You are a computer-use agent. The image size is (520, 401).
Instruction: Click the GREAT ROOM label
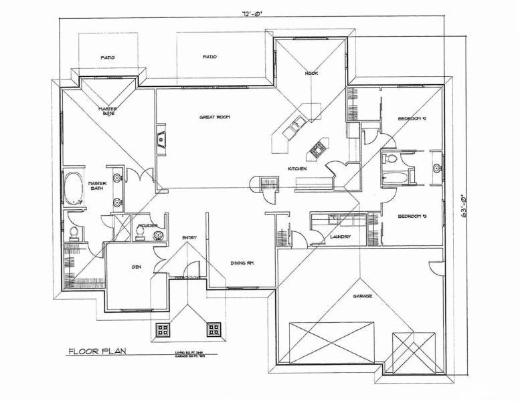tap(215, 117)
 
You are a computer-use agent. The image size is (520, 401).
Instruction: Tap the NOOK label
tap(311, 73)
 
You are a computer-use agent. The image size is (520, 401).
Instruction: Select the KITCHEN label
tap(297, 169)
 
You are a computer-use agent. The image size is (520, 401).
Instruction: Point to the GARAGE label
tap(363, 295)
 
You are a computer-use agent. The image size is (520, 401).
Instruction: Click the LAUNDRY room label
tap(332, 236)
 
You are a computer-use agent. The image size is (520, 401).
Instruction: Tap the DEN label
tap(136, 267)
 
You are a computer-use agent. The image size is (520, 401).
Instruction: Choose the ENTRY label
tap(189, 237)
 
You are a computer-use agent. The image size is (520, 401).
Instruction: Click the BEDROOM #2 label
tap(412, 118)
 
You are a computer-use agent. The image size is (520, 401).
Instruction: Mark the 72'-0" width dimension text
tap(250, 13)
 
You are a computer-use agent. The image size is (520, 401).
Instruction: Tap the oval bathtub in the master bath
tap(73, 184)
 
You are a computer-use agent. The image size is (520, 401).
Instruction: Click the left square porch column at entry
tap(163, 329)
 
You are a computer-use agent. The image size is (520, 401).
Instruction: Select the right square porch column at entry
tap(214, 329)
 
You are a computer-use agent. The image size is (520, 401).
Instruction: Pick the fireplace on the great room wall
tap(161, 138)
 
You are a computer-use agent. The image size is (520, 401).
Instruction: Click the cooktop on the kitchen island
tap(316, 148)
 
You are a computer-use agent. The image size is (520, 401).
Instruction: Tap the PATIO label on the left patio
tap(108, 57)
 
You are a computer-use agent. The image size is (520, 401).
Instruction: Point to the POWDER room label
tap(147, 226)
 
